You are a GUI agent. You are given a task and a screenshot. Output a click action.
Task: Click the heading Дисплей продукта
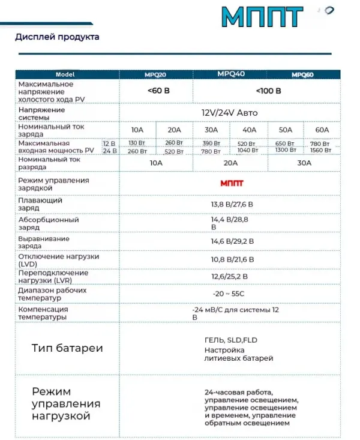coord(57,37)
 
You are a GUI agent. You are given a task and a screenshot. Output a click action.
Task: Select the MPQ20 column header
coord(155,75)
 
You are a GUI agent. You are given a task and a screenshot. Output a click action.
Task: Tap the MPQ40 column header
coord(231,74)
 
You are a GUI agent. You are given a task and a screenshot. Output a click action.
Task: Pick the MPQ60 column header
coord(303,75)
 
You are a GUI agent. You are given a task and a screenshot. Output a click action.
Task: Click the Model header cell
coord(65,74)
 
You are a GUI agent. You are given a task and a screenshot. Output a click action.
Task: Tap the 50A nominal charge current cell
coord(285,130)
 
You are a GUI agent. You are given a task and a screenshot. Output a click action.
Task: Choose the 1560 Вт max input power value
coord(320,151)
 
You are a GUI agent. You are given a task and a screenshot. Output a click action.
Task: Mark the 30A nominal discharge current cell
coord(304,162)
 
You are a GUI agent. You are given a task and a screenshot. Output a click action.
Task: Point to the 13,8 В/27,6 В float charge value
coord(232,205)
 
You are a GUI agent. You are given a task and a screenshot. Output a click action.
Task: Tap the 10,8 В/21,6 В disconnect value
coord(232,260)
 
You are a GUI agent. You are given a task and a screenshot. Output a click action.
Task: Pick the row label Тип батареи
coord(67,348)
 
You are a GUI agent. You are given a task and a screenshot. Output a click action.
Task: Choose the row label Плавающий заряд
coord(40,204)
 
